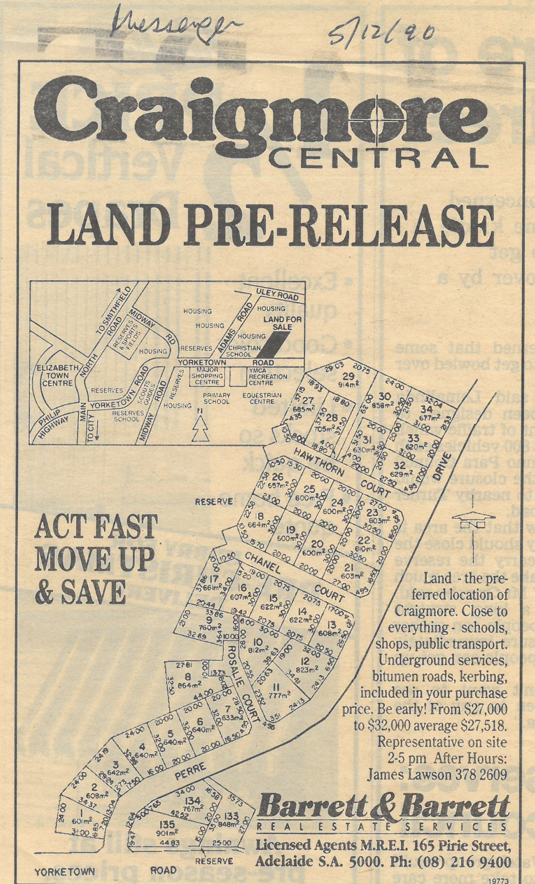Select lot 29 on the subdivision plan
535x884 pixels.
pyautogui.click(x=349, y=379)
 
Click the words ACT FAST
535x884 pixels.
pyautogui.click(x=96, y=527)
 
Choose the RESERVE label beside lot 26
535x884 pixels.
pyautogui.click(x=213, y=502)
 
